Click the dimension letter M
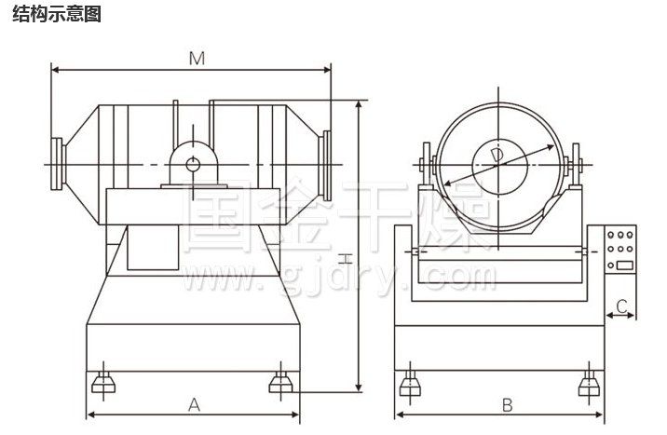pos(196,58)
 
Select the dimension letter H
pos(344,255)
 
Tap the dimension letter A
pos(194,403)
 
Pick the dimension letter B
pos(507,404)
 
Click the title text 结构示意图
pos(57,15)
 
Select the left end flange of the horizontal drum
pos(59,165)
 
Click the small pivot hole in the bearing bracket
pos(193,165)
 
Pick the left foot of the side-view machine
pos(101,382)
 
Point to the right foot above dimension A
pos(279,382)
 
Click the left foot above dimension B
pos(408,383)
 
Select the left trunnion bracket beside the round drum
pos(428,167)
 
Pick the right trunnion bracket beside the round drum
pos(577,167)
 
